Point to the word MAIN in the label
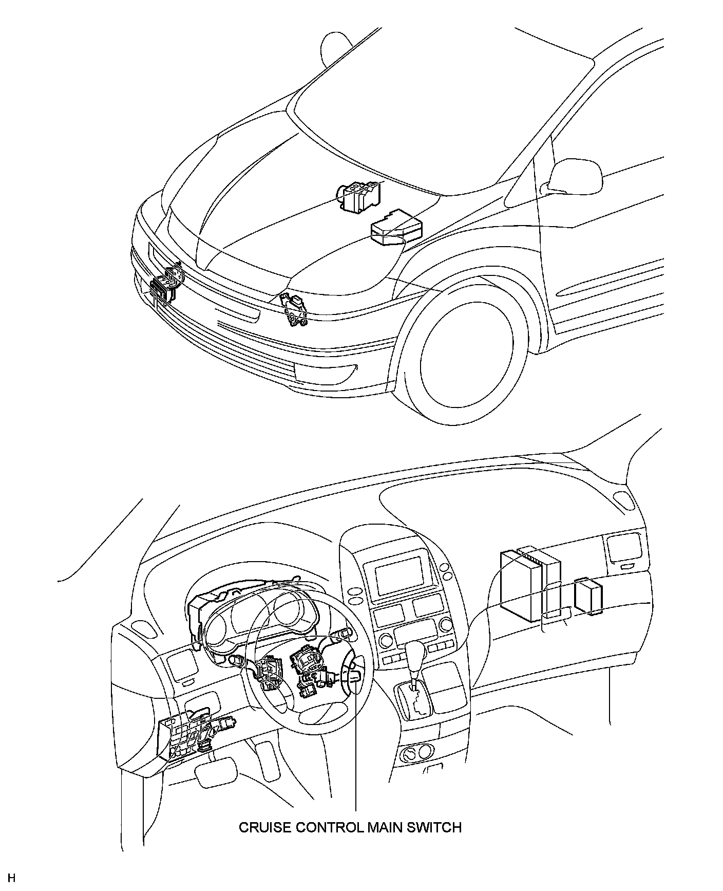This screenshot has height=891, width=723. (382, 842)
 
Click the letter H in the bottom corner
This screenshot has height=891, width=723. (11, 877)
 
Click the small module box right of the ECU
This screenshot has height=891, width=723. (588, 596)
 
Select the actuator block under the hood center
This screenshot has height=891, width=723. (359, 197)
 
